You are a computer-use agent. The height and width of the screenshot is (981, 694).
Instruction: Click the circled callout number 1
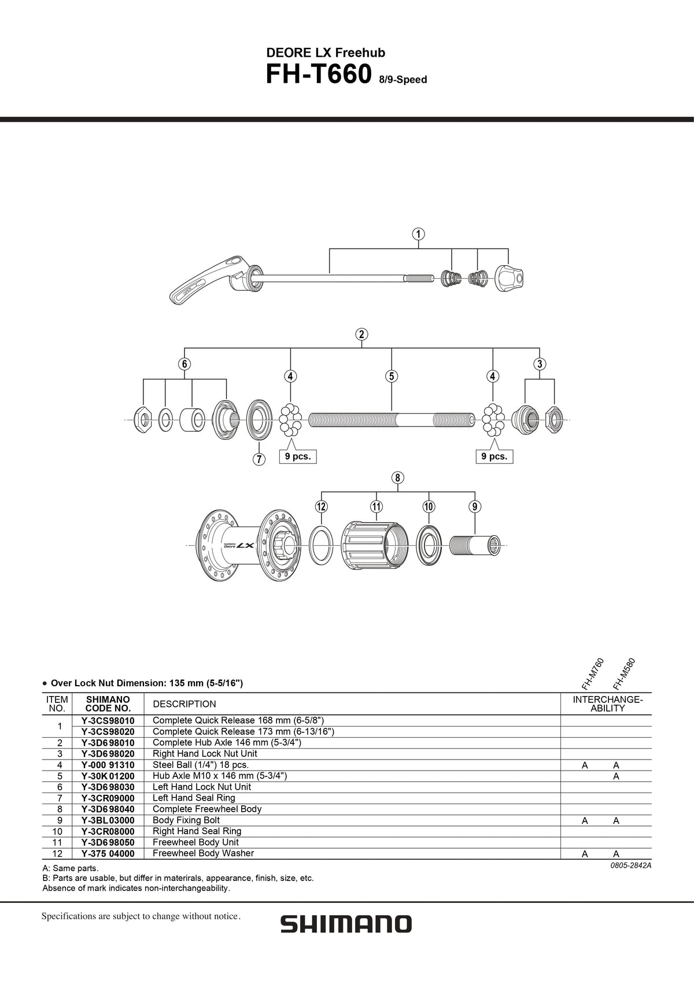pyautogui.click(x=418, y=234)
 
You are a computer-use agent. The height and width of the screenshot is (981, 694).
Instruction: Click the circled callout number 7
pyautogui.click(x=259, y=460)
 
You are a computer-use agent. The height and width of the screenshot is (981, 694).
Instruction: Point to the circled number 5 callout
pyautogui.click(x=392, y=376)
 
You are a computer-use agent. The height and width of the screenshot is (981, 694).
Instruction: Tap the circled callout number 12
pyautogui.click(x=322, y=506)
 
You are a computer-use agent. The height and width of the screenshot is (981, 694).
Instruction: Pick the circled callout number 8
pyautogui.click(x=397, y=478)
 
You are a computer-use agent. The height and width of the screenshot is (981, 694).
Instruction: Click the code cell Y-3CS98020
pyautogui.click(x=108, y=731)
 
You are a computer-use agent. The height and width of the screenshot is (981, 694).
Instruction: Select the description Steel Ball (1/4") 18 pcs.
pyautogui.click(x=200, y=765)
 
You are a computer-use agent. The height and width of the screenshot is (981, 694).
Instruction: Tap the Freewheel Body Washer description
pyautogui.click(x=203, y=853)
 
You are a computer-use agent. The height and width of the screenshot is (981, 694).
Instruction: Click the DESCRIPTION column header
pyautogui.click(x=184, y=704)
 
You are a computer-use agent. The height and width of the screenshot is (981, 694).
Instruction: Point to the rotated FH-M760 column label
pyautogui.click(x=592, y=673)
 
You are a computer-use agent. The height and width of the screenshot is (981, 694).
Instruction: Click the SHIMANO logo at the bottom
pyautogui.click(x=346, y=923)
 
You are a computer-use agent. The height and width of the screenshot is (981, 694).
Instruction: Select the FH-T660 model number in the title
pyautogui.click(x=318, y=75)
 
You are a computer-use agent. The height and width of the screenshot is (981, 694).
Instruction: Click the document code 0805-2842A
pyautogui.click(x=627, y=865)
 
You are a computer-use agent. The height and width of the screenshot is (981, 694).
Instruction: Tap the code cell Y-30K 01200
pyautogui.click(x=108, y=776)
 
